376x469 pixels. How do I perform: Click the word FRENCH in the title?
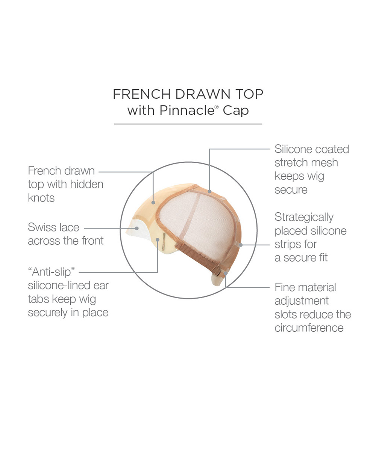pos(141,94)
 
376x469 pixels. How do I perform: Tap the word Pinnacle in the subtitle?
pos(187,110)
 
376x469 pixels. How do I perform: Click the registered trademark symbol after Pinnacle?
pos(217,107)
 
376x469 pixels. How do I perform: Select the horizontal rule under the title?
pos(188,124)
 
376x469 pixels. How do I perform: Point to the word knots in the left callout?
pos(41,198)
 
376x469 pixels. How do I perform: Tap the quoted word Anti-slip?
pos(52,272)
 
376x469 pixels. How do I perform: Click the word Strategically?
pos(304,218)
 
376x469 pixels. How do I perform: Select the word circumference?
pos(309,328)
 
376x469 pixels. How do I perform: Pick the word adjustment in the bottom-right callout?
pos(302,301)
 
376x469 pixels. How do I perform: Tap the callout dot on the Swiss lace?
pos(137,228)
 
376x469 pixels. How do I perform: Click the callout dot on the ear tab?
pos(158,240)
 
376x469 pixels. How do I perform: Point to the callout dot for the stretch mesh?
pos(209,192)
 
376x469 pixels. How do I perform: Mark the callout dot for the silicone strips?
pos(241,245)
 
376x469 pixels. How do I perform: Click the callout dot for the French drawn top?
pos(153,203)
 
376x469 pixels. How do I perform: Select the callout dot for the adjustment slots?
pos(225,273)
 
